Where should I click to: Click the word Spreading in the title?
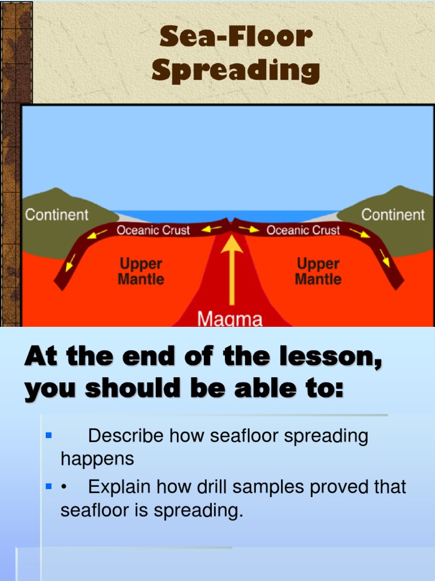point(236,71)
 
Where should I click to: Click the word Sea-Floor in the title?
point(236,37)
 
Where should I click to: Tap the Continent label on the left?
point(57,215)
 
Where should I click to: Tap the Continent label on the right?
point(393,215)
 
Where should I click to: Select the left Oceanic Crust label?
point(153,230)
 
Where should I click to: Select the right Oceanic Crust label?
point(303,230)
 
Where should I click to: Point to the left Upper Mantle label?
point(141,271)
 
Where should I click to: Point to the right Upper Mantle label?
point(318,271)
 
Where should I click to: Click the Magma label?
point(230,319)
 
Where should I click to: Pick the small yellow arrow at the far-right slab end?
point(386,260)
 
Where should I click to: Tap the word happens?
point(97,458)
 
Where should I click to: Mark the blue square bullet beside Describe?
point(48,436)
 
